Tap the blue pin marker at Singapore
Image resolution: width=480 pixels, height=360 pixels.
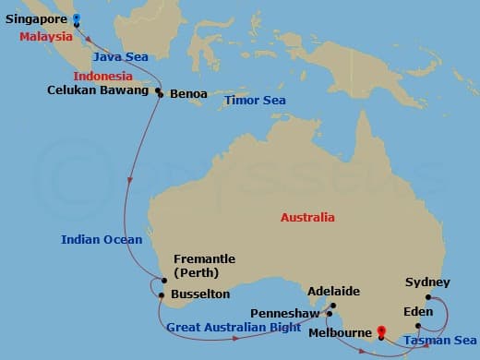(77, 17)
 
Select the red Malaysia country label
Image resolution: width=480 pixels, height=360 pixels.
(46, 37)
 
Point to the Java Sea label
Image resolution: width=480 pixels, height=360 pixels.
(122, 57)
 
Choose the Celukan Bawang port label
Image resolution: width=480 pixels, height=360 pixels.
(98, 90)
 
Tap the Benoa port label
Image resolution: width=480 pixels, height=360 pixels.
(188, 94)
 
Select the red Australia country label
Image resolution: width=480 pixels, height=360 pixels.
(308, 219)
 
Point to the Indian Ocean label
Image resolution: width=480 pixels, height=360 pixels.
(102, 240)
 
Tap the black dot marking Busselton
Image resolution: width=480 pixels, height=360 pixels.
(162, 295)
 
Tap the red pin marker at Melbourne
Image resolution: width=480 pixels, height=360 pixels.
(382, 330)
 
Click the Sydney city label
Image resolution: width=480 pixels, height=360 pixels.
(427, 282)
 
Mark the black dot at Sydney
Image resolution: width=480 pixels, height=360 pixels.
(428, 297)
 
